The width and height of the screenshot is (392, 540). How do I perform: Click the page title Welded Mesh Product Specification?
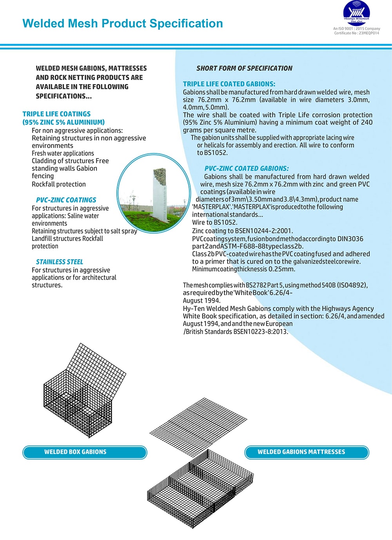click(122, 24)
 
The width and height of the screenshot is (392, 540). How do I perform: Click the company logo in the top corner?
click(356, 14)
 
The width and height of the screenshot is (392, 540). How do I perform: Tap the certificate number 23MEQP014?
click(369, 33)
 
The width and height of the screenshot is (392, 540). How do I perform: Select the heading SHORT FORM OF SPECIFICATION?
click(244, 68)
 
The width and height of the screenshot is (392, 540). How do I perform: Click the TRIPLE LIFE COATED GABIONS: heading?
click(229, 84)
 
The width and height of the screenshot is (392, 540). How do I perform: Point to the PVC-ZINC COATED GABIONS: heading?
click(247, 168)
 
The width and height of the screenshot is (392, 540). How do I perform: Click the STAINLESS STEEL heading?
click(60, 262)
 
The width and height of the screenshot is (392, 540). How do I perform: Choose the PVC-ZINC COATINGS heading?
click(66, 200)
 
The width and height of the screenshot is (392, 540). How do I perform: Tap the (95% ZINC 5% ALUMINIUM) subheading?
click(64, 122)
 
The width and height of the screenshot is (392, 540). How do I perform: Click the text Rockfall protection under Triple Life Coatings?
click(59, 184)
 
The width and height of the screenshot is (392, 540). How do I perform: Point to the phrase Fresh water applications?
click(63, 153)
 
